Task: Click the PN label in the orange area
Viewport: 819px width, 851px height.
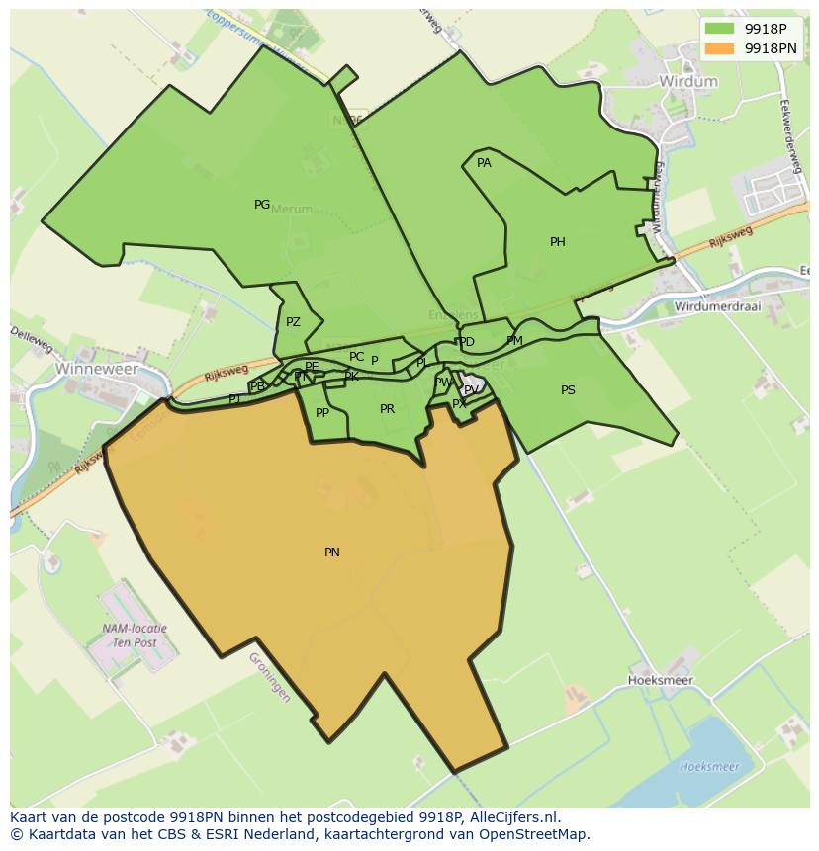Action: [x=332, y=553]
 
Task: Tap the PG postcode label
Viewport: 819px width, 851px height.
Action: [x=262, y=205]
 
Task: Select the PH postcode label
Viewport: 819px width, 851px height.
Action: [x=558, y=242]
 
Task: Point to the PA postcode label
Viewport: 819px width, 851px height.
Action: [x=484, y=163]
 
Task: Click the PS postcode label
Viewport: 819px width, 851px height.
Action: [x=568, y=390]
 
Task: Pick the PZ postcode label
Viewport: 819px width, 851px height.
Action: [x=293, y=322]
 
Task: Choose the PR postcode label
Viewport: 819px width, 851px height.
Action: [x=387, y=409]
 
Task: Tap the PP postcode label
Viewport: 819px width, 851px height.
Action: [x=322, y=413]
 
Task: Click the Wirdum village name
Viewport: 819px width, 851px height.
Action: [x=688, y=82]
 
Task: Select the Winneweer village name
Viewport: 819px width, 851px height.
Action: [x=97, y=368]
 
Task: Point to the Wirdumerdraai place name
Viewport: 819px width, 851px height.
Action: [x=717, y=306]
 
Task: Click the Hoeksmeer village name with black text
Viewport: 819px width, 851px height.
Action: [x=661, y=681]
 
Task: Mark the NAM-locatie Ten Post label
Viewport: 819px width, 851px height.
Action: [x=135, y=635]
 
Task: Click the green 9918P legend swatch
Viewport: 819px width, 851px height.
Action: [x=720, y=28]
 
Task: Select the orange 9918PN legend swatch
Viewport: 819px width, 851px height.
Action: [x=720, y=47]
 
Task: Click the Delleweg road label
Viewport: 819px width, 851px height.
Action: [x=32, y=339]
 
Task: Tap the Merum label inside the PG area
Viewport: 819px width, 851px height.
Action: [x=291, y=210]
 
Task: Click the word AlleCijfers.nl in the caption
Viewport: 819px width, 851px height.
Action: [x=512, y=817]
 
